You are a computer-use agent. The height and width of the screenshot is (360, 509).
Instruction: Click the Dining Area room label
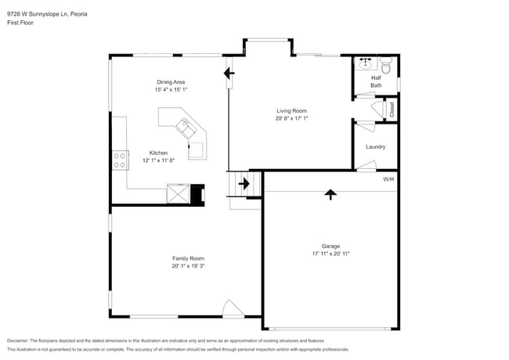(170, 81)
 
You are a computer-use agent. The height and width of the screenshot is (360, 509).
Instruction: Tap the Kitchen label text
(158, 153)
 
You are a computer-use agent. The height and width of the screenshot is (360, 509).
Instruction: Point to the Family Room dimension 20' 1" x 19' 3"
(188, 266)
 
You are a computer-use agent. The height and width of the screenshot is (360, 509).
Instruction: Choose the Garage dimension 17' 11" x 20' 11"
(330, 253)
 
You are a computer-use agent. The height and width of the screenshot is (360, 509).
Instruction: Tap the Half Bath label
(377, 81)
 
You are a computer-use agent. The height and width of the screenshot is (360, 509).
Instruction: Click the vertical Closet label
(392, 110)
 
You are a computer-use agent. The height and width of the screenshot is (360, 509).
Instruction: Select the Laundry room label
(376, 146)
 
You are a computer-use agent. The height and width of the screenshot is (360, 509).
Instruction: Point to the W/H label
(388, 179)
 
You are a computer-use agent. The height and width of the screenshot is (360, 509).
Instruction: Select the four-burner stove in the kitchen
(121, 160)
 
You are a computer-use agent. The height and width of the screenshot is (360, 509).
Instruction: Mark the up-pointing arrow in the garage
(330, 193)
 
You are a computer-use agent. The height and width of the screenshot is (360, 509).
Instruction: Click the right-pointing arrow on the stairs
(244, 185)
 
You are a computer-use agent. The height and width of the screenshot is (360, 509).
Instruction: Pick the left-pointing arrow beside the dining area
(229, 74)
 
